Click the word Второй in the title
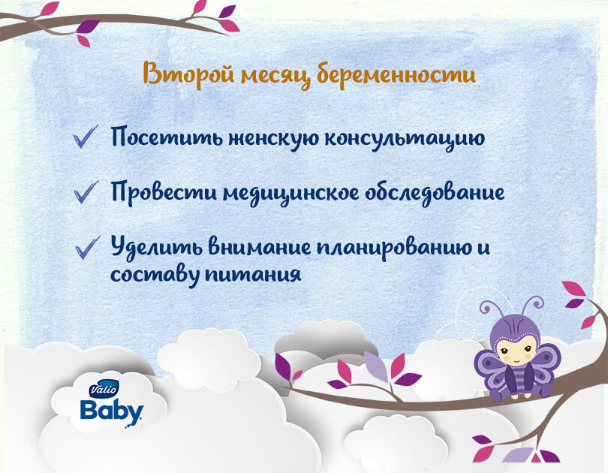(188, 74)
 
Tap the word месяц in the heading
(275, 76)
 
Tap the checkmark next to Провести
(86, 192)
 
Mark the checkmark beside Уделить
(87, 247)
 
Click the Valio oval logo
(103, 389)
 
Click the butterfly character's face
(514, 351)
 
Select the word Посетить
(167, 137)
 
